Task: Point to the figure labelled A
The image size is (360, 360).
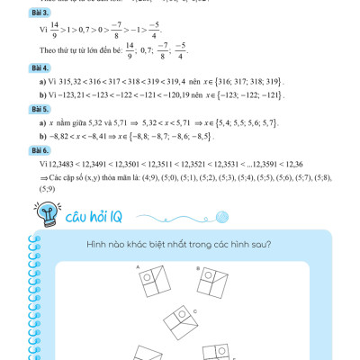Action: pyautogui.click(x=154, y=284)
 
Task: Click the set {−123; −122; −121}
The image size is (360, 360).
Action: pyautogui.click(x=256, y=94)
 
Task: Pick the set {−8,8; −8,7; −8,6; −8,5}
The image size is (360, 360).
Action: pyautogui.click(x=190, y=132)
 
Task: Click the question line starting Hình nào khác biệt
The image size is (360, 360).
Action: pyautogui.click(x=179, y=245)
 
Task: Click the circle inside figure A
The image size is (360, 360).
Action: pyautogui.click(x=147, y=280)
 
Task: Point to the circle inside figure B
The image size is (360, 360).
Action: pyautogui.click(x=208, y=279)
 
